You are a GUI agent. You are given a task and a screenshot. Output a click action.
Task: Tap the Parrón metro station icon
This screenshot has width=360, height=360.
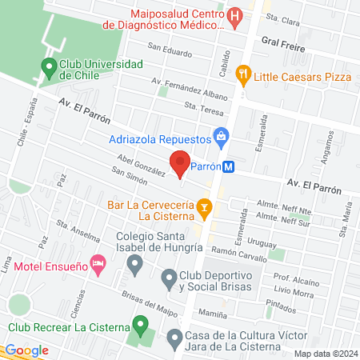[x=230, y=168]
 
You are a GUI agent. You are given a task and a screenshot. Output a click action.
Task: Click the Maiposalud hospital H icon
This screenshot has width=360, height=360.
[x=235, y=16]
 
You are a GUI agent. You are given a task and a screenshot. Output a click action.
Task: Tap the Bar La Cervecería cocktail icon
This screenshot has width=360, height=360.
[x=205, y=210]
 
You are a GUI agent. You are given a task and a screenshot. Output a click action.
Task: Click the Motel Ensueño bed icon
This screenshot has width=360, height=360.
[x=98, y=263]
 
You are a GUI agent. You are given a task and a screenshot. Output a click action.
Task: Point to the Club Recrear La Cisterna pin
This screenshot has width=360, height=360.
[x=141, y=326]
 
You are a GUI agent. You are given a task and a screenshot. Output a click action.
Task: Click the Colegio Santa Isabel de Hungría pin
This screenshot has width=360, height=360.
[x=136, y=263]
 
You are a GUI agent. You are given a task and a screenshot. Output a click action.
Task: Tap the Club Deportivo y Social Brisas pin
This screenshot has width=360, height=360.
[x=169, y=279]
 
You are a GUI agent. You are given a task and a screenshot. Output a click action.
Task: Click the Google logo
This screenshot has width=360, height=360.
[x=26, y=350]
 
